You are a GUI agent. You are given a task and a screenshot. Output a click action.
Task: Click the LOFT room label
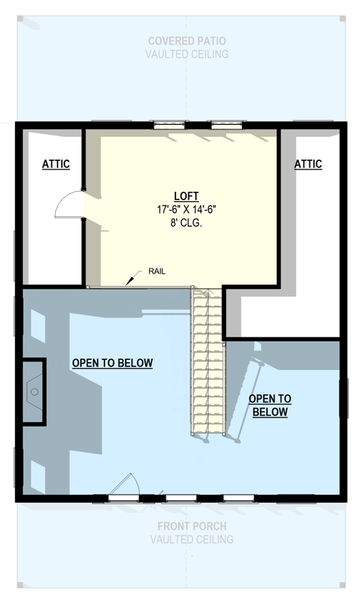tap(181, 194)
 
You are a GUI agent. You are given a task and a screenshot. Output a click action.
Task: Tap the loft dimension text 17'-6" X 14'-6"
tap(181, 208)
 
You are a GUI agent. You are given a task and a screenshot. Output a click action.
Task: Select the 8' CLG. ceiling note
tap(181, 222)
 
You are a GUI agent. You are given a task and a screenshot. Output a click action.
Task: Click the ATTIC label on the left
tap(55, 163)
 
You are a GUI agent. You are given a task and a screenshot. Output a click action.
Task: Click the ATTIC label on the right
tap(308, 163)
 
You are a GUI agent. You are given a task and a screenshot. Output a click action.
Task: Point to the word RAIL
tap(157, 271)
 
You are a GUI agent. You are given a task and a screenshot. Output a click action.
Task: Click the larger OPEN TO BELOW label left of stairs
tap(113, 363)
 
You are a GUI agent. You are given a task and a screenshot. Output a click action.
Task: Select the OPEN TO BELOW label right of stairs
tap(270, 405)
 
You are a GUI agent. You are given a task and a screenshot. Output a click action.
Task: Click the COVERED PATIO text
tap(187, 41)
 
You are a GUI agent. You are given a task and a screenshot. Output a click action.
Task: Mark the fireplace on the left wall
tap(33, 392)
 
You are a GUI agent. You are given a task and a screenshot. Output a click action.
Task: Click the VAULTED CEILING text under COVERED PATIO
tap(187, 54)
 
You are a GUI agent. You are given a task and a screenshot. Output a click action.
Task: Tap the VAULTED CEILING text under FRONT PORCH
tap(191, 539)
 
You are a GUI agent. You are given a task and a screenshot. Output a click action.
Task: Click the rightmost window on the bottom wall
tap(238, 498)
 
